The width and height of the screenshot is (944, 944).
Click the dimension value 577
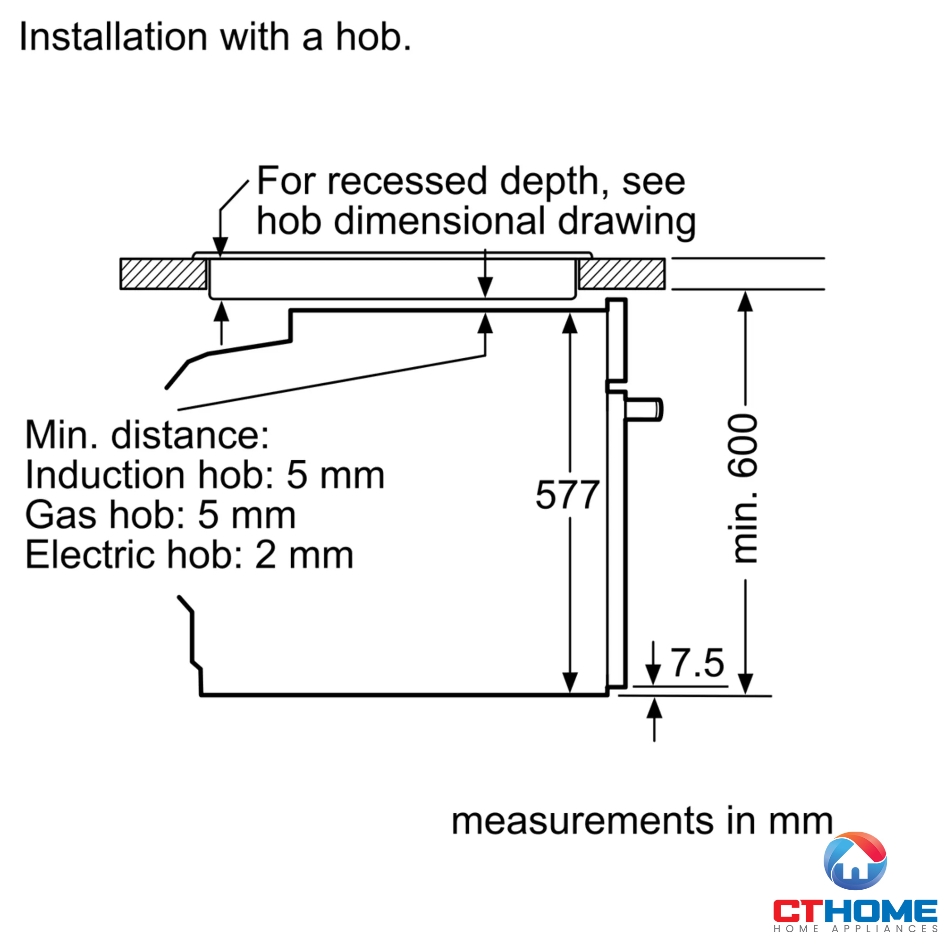pyautogui.click(x=567, y=495)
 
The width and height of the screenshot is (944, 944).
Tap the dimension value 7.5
pyautogui.click(x=697, y=663)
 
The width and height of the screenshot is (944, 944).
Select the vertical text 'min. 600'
pyautogui.click(x=742, y=489)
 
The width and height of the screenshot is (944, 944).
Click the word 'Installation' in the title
pyautogui.click(x=113, y=37)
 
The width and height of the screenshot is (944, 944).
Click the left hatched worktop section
pyautogui.click(x=164, y=274)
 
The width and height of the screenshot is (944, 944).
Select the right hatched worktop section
pyautogui.click(x=622, y=274)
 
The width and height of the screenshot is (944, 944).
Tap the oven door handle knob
pyautogui.click(x=643, y=409)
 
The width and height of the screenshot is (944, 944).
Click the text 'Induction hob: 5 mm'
pyautogui.click(x=205, y=475)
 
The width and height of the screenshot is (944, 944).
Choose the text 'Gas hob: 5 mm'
pyautogui.click(x=161, y=515)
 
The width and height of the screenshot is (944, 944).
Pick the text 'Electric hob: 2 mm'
pyautogui.click(x=190, y=555)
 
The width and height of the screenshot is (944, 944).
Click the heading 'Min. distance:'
pyautogui.click(x=147, y=435)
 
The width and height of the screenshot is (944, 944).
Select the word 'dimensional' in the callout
pyautogui.click(x=439, y=221)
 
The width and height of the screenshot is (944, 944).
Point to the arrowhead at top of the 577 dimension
pyautogui.click(x=570, y=323)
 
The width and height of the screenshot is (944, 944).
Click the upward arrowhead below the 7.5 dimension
pyautogui.click(x=654, y=708)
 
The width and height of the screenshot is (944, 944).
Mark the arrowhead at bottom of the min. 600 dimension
pyautogui.click(x=745, y=683)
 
